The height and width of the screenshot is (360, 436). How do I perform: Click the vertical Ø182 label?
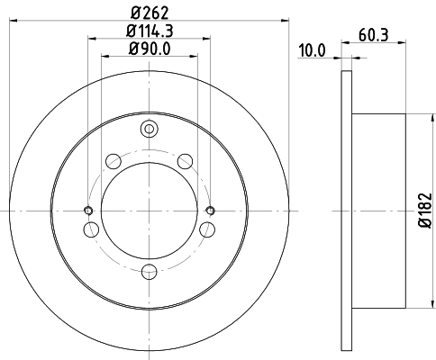tap(422, 209)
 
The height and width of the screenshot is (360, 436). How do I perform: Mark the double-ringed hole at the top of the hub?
tap(149, 131)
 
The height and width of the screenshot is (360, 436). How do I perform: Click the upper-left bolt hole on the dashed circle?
tap(114, 162)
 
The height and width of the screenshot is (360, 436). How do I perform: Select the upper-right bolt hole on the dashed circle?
tap(185, 162)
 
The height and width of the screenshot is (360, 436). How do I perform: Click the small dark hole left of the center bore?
tap(88, 211)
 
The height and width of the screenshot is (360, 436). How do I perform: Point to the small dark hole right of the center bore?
tap(210, 211)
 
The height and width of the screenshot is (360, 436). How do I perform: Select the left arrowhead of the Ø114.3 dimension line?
tap(93, 38)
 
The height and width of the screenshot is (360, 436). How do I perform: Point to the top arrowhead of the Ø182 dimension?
tap(411, 118)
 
